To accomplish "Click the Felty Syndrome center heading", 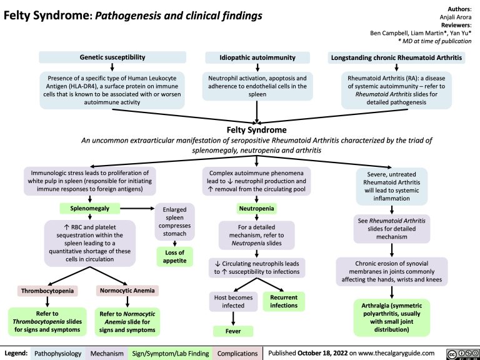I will (x=257, y=129).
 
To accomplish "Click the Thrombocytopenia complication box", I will (x=46, y=291).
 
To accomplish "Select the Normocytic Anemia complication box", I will (x=127, y=291).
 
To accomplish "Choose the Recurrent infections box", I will (x=283, y=301).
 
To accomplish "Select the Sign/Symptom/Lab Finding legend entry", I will (x=169, y=352).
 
